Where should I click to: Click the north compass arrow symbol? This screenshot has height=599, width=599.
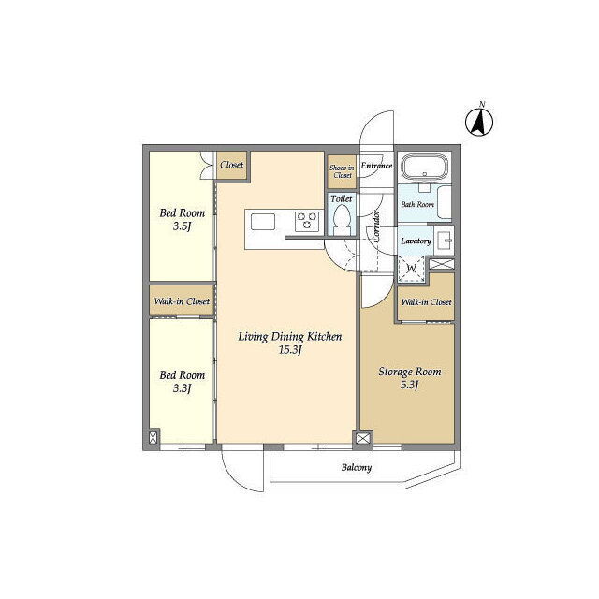click(479, 122)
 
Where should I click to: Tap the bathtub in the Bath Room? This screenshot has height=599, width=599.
click(424, 167)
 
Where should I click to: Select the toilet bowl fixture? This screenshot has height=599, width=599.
click(342, 221)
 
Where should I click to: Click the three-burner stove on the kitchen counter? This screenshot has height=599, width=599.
click(307, 221)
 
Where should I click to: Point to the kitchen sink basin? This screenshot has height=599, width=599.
click(263, 222)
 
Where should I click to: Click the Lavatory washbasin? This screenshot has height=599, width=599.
click(445, 241)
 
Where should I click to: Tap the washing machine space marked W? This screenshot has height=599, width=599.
click(412, 269)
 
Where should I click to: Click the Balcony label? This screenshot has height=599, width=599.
click(357, 467)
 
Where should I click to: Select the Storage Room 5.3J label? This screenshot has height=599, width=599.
click(410, 378)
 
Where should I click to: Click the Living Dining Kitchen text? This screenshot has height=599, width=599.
click(290, 337)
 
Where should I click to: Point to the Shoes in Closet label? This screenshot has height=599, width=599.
click(342, 171)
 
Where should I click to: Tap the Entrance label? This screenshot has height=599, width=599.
click(376, 166)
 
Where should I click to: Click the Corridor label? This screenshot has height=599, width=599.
click(376, 226)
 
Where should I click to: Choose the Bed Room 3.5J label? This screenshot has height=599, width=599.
click(183, 219)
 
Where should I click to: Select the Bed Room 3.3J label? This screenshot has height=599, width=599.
click(183, 381)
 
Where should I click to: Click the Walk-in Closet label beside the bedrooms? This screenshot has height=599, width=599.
click(182, 301)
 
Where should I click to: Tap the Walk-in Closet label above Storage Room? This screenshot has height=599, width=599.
click(427, 302)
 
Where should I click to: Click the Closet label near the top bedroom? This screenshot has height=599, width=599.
click(231, 165)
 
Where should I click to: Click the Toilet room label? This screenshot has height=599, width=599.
click(342, 198)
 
